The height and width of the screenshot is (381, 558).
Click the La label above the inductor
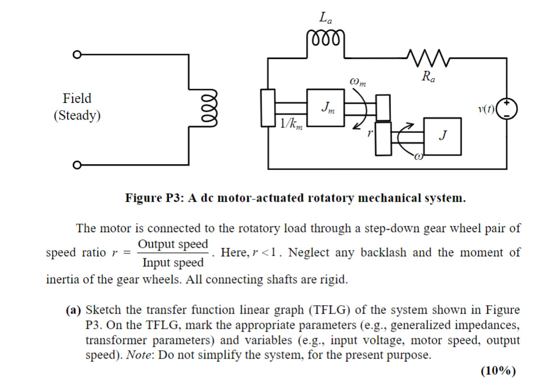point(325,18)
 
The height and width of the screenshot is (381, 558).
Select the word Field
point(77,98)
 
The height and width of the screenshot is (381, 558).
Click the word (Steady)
point(77,116)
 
